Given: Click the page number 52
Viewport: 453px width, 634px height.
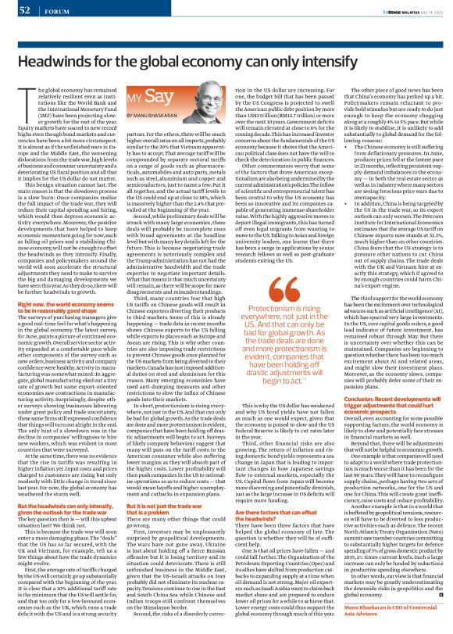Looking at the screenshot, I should tap(24, 9).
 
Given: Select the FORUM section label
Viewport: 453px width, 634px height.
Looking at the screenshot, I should tap(55, 10).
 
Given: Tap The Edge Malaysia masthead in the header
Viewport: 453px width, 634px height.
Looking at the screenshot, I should tap(394, 9).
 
